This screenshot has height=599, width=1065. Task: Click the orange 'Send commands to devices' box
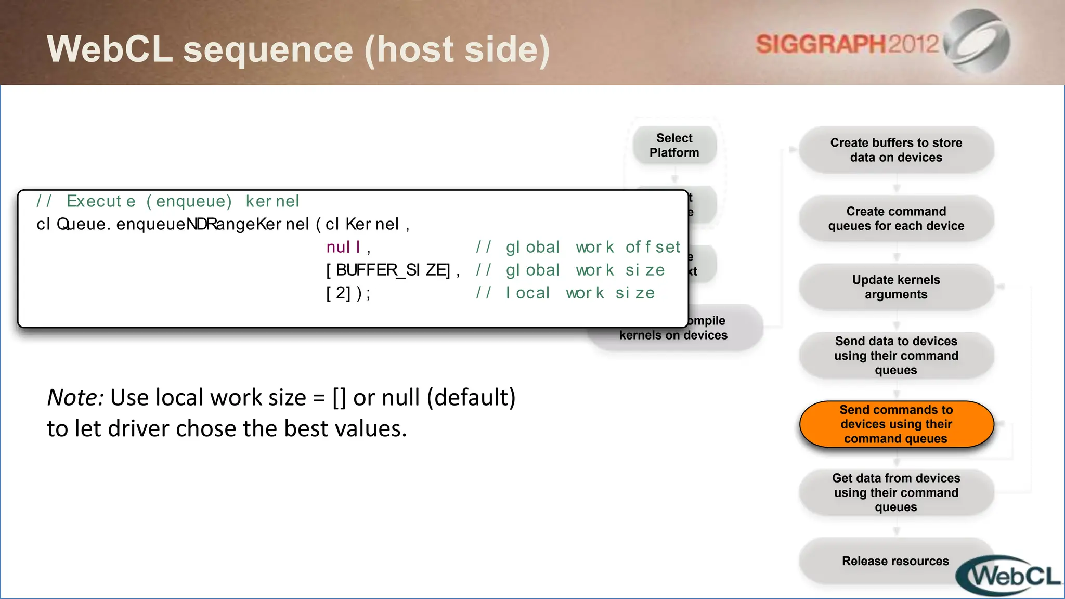click(896, 424)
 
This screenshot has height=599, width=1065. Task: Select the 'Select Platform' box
click(674, 146)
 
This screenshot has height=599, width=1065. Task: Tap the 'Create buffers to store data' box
click(896, 150)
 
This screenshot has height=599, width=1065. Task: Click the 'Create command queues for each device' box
click(896, 218)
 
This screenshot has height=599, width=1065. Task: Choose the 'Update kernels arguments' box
click(896, 287)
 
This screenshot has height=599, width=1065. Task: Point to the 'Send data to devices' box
click(896, 356)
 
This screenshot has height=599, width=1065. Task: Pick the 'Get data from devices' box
click(896, 492)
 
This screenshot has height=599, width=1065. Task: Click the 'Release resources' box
click(895, 561)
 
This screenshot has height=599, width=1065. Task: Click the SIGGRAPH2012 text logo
click(847, 44)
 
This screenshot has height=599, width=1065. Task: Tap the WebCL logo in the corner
click(1009, 576)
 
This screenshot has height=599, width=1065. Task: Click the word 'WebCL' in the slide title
click(110, 49)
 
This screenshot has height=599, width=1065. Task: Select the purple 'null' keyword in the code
click(343, 247)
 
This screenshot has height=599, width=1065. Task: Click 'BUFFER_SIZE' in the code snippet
click(392, 270)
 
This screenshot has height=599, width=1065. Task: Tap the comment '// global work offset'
click(578, 247)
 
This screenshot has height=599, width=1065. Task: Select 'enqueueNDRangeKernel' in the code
click(212, 224)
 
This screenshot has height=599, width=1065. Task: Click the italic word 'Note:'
click(75, 398)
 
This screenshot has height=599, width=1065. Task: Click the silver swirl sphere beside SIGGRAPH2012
click(978, 42)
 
